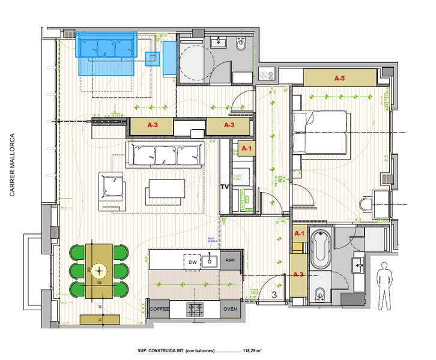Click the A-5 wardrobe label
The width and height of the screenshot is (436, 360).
339,78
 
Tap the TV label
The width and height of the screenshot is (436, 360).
225,187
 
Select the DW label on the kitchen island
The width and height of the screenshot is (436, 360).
193,262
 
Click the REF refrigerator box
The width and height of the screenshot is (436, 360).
230,261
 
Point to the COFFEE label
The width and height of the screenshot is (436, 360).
160,309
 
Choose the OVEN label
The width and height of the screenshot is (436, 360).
230,309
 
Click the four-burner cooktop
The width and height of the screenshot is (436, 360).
196,309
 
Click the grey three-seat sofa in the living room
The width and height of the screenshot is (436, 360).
165,155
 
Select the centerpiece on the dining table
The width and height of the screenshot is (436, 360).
98,271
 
